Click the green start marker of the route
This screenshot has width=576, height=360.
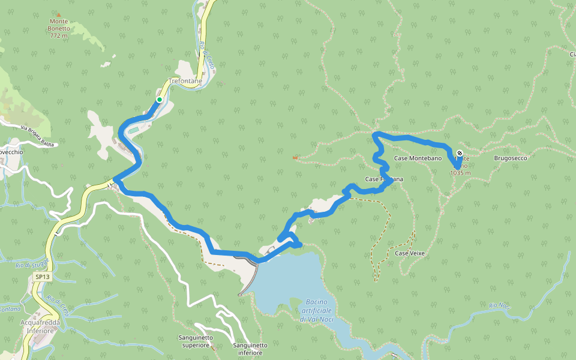(160, 100)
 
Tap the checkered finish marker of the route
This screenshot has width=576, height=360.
(460, 153)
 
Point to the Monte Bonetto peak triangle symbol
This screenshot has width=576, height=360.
(58, 14)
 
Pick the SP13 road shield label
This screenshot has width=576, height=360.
(41, 277)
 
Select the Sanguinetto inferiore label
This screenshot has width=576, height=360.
(248, 349)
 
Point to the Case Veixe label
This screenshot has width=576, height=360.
(410, 254)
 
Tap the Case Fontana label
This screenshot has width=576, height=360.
(384, 179)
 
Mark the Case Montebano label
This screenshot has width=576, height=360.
(418, 158)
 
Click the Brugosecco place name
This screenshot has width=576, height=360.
(510, 158)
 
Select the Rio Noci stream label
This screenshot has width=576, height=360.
(499, 306)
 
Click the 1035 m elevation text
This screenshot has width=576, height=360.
(460, 173)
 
